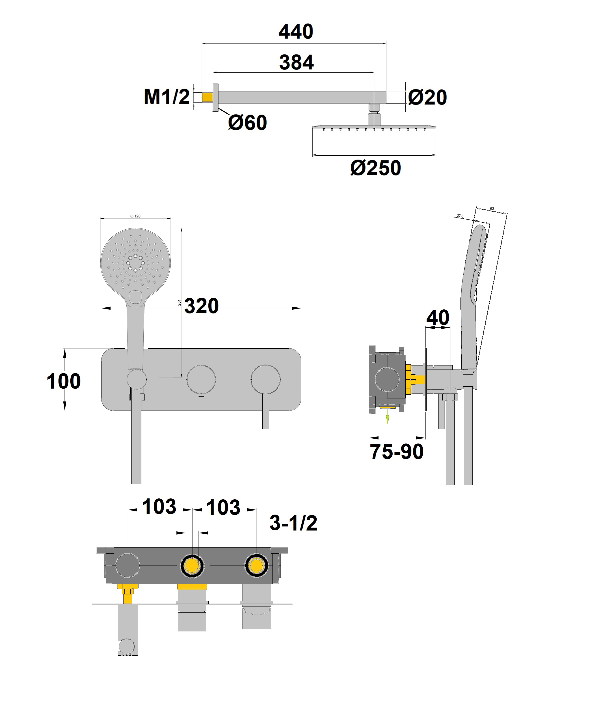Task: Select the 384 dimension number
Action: (x=296, y=62)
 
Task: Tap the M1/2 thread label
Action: (x=167, y=97)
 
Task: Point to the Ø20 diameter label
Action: (x=427, y=98)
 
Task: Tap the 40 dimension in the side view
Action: (x=438, y=317)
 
